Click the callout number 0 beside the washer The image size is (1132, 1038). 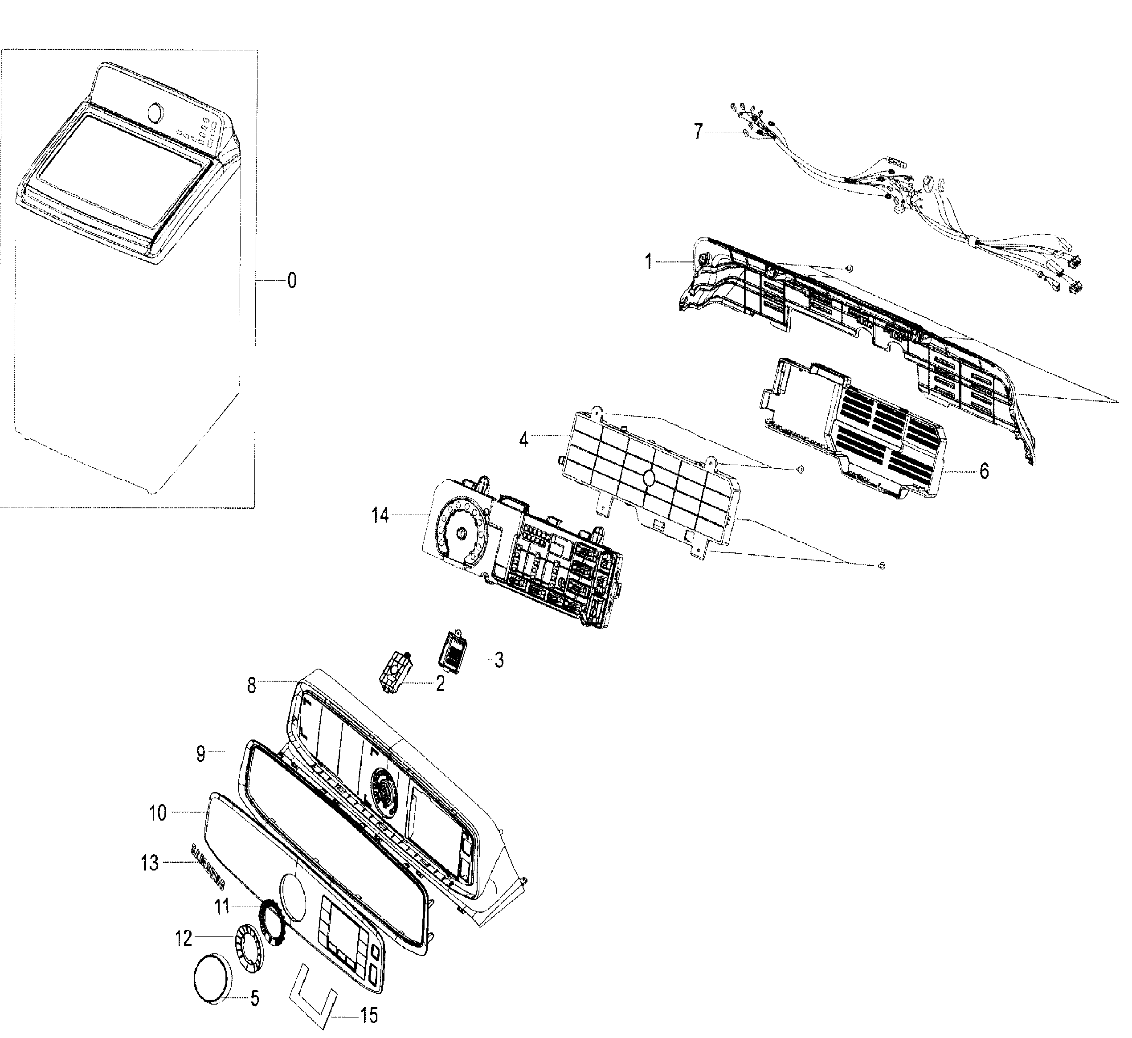(x=291, y=280)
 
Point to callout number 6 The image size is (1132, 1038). (x=984, y=472)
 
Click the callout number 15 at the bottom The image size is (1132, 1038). (x=369, y=1016)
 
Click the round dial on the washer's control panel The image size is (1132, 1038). (x=157, y=113)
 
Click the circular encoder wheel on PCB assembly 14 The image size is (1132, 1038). (x=462, y=534)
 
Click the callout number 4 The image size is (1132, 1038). (x=523, y=440)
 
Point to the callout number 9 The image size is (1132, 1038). (x=201, y=754)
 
